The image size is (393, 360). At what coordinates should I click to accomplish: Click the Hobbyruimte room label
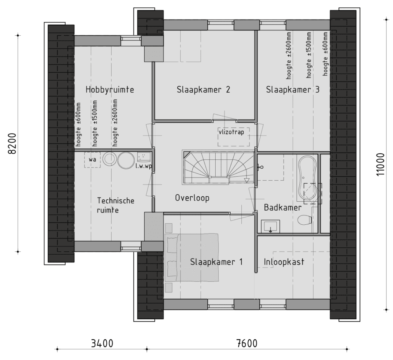pos(110,90)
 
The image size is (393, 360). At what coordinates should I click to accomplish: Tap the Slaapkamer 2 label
pos(203,90)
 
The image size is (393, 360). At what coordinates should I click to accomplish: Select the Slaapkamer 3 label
pos(293,90)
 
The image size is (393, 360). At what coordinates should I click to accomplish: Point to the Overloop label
pos(192,198)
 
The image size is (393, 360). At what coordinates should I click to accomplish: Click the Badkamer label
pos(283,207)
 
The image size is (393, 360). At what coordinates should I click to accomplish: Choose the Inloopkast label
pos(284,262)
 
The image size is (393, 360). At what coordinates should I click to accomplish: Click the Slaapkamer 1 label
pos(216,262)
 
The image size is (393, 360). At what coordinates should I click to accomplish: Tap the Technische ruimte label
pos(116,205)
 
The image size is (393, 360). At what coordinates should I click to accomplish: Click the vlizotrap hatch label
pos(231,132)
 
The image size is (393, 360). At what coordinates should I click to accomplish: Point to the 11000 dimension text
pos(380,164)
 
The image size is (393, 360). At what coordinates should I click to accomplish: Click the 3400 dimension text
pos(102,343)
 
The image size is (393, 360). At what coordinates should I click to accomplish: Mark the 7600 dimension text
pos(247,343)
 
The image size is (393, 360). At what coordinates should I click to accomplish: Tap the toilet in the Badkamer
pos(304,220)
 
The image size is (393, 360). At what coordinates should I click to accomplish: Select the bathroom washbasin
pos(271,227)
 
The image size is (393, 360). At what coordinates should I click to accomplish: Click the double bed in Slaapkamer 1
pos(192,258)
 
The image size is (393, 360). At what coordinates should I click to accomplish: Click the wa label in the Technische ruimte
pos(92,159)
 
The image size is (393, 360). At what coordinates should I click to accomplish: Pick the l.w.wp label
pos(144,166)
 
